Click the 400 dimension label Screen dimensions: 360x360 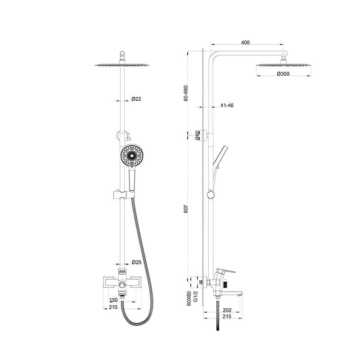(245, 42)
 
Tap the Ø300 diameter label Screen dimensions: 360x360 (283, 74)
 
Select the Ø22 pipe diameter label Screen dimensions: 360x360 (136, 99)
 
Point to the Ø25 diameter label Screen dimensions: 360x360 (137, 262)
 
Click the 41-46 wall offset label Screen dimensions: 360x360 (227, 105)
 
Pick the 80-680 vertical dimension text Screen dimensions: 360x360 (186, 93)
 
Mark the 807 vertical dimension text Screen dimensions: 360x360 (186, 209)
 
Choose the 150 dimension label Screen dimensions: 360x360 (113, 300)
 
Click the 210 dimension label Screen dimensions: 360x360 (113, 307)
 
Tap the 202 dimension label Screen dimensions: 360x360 (227, 310)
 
